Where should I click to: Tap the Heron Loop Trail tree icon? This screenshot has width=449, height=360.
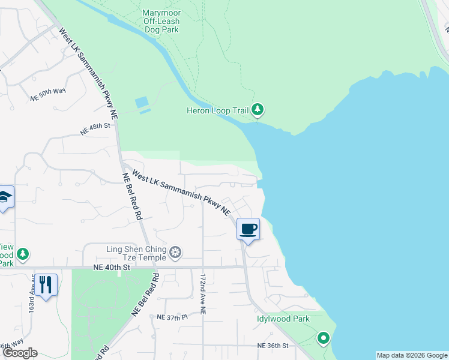point(258,109)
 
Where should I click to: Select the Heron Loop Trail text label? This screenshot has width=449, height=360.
point(218,110)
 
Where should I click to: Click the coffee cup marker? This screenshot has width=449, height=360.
point(249,229)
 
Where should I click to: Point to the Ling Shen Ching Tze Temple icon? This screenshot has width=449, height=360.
point(175,251)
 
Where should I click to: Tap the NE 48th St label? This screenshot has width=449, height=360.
point(96,126)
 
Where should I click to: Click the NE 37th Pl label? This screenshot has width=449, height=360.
point(172,316)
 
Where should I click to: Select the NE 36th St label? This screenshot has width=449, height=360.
point(273,346)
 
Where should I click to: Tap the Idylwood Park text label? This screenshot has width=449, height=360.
point(283,319)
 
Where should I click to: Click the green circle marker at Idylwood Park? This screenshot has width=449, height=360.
point(323,339)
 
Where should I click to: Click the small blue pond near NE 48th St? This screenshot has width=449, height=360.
point(142,104)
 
